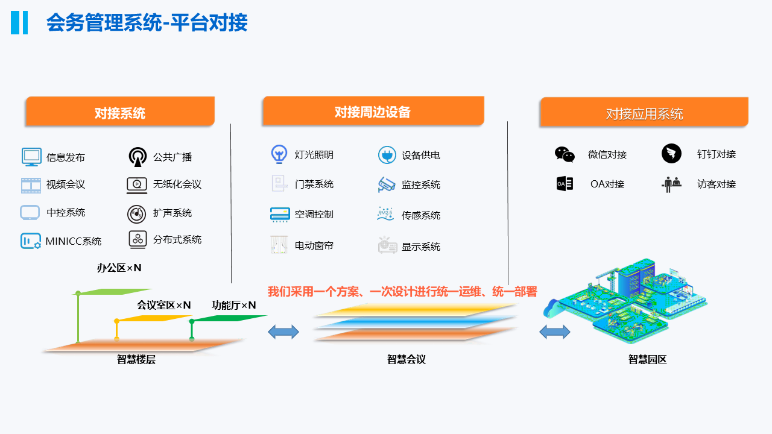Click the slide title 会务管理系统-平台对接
(147, 23)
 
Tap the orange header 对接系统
(120, 113)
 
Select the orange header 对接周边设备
(373, 112)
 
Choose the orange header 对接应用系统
(644, 113)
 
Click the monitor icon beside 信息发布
(31, 157)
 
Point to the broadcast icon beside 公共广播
(138, 157)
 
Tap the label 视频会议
(66, 184)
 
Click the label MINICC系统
(74, 241)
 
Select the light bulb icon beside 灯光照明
(279, 154)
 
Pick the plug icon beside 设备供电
(387, 155)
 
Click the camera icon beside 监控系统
(387, 184)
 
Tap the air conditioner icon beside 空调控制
(280, 214)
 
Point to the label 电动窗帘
(314, 245)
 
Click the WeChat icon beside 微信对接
(565, 154)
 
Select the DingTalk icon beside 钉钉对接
(671, 154)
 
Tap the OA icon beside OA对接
(565, 184)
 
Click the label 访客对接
(717, 184)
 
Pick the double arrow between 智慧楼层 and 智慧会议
(283, 331)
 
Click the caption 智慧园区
(648, 360)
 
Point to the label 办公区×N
(119, 268)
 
